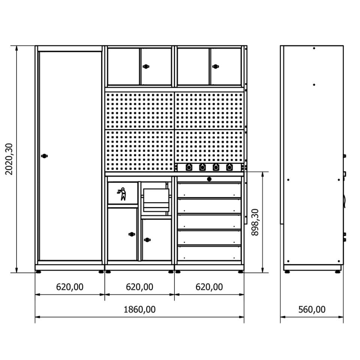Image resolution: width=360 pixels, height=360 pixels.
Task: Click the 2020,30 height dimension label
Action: (x=9, y=159)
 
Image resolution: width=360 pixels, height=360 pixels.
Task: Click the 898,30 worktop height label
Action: (x=255, y=222)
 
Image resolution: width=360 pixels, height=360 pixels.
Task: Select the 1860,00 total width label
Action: (x=139, y=309)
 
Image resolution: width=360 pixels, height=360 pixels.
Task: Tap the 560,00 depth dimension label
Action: (x=312, y=309)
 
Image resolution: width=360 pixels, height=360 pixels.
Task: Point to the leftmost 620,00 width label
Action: (x=70, y=287)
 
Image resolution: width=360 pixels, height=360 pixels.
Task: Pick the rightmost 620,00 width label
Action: (x=209, y=287)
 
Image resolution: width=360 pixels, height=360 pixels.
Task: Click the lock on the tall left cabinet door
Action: (x=44, y=156)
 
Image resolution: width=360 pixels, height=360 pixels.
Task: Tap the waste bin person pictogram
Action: (x=122, y=194)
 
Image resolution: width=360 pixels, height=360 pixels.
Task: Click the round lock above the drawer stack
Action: (x=209, y=179)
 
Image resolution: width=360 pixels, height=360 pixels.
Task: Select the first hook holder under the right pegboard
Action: (x=189, y=167)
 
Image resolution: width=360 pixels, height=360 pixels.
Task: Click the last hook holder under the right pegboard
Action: (x=229, y=167)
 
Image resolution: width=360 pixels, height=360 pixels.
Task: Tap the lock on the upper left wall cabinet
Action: (x=146, y=67)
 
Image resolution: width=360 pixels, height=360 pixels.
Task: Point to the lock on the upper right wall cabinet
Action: (x=216, y=67)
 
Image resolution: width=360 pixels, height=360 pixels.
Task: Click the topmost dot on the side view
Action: (x=314, y=48)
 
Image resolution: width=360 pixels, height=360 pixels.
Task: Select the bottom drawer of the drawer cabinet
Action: (x=209, y=253)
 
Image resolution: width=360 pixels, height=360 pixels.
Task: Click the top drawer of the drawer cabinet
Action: (x=209, y=190)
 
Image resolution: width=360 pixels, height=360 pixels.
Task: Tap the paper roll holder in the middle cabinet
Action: (x=156, y=200)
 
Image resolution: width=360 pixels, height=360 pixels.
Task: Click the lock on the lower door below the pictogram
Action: (x=132, y=234)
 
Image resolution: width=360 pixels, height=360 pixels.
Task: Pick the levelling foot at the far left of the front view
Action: (x=39, y=272)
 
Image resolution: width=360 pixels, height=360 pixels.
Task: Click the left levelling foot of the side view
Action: (x=287, y=272)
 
